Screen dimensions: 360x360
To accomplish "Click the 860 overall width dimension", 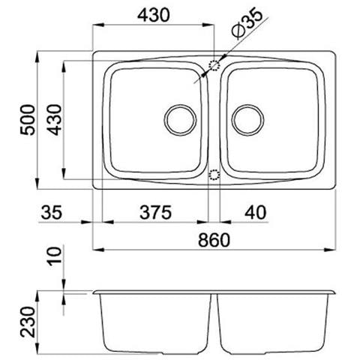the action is tap(214, 240).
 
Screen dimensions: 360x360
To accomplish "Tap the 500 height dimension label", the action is tap(28, 120).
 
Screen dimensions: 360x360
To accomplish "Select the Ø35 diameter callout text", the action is tap(247, 24).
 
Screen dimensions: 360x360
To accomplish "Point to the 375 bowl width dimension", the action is tap(155, 212).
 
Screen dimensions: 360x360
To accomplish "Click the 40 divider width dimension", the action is tap(256, 212).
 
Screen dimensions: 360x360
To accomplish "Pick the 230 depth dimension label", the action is tap(28, 322).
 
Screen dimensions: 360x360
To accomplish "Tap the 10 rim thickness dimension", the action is tap(54, 256).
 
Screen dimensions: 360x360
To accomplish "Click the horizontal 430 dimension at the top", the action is tap(154, 15).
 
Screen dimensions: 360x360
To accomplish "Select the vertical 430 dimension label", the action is tap(55, 120).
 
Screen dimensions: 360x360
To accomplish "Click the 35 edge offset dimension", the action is tap(51, 212).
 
